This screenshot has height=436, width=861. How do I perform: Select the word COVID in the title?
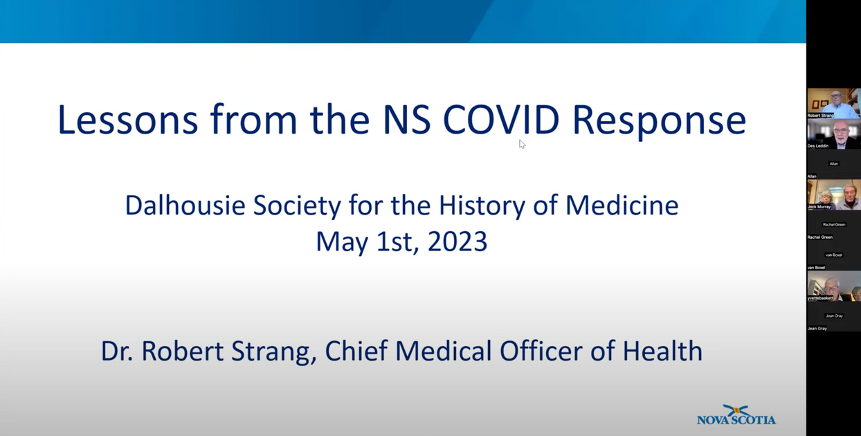point(500,119)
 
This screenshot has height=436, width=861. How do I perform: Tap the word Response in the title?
point(658,120)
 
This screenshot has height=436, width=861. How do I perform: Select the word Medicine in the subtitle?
point(622,206)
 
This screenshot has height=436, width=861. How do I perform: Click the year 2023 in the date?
point(457,242)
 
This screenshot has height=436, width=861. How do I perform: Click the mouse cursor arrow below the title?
point(522,144)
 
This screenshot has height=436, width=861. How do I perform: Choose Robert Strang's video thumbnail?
point(833,102)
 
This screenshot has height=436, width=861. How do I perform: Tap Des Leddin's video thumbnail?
point(833,134)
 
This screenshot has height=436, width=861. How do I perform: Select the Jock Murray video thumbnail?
point(833,194)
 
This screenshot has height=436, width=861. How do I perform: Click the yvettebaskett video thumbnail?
point(833,286)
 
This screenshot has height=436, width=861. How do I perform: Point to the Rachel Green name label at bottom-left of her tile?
point(819,237)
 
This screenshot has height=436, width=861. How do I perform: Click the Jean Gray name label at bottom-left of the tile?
point(817,329)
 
